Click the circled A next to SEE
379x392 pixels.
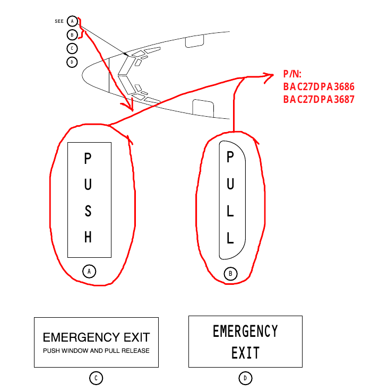tap(72, 21)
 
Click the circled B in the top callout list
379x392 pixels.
tap(72, 35)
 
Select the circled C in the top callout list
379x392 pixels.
tap(72, 48)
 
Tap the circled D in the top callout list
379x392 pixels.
tap(72, 62)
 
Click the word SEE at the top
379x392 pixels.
tap(59, 22)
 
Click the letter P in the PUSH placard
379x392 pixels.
tap(89, 159)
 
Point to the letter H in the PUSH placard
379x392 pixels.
tap(89, 237)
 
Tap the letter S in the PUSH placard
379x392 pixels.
tap(89, 211)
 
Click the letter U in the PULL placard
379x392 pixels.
tap(230, 184)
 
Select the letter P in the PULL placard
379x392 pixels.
tap(230, 157)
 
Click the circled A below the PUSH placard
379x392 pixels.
tap(89, 271)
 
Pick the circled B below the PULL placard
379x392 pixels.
tap(231, 274)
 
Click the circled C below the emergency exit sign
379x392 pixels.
tap(96, 378)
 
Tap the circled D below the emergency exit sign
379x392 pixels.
tap(245, 378)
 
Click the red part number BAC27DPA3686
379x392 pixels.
tap(318, 86)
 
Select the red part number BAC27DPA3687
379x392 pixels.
tap(318, 99)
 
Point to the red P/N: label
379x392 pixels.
tap(292, 74)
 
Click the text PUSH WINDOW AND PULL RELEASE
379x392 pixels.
tap(96, 351)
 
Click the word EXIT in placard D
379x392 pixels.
tap(245, 353)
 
